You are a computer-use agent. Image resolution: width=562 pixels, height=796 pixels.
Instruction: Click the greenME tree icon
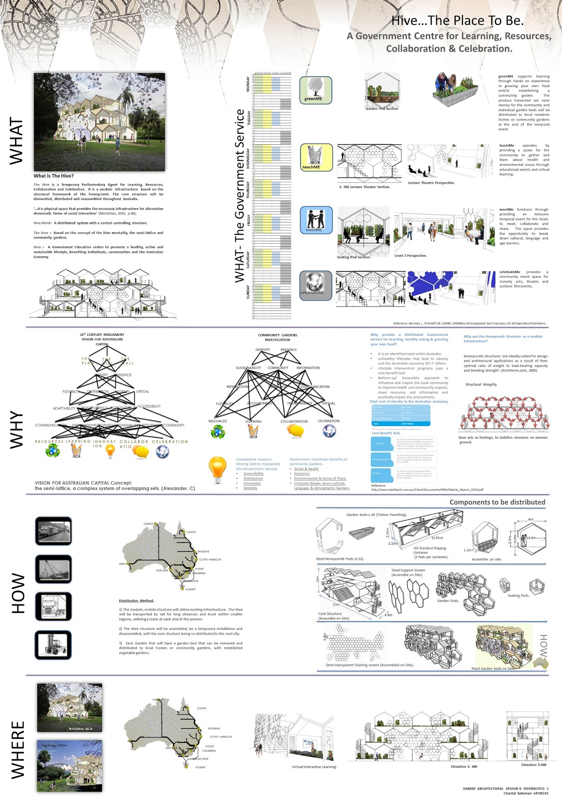315,88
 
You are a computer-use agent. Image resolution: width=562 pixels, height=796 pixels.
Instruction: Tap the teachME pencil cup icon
316,156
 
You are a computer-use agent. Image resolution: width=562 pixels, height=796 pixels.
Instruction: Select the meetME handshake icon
316,219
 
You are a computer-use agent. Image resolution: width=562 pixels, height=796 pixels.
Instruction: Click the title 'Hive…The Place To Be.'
457,20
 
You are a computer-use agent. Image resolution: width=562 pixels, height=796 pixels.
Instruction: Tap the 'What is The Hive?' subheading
54,176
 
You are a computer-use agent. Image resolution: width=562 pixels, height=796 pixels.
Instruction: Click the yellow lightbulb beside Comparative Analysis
217,469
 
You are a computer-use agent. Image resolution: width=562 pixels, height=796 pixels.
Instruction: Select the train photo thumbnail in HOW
54,531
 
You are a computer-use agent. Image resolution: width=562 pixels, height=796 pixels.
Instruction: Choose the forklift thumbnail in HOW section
53,645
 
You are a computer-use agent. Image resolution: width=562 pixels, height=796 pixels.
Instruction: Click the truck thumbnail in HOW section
54,606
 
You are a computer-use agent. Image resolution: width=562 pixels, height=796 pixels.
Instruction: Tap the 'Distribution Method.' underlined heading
136,600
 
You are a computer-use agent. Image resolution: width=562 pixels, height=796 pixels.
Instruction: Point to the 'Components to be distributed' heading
497,502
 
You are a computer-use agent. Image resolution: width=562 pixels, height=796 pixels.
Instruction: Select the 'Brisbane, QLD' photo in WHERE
70,707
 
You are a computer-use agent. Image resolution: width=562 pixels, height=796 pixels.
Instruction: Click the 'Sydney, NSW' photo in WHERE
70,765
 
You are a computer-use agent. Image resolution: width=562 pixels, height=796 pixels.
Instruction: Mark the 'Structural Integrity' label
481,384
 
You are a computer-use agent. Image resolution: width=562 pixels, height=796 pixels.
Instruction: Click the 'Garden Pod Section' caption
381,108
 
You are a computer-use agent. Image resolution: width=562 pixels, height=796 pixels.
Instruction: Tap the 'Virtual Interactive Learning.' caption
314,767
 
